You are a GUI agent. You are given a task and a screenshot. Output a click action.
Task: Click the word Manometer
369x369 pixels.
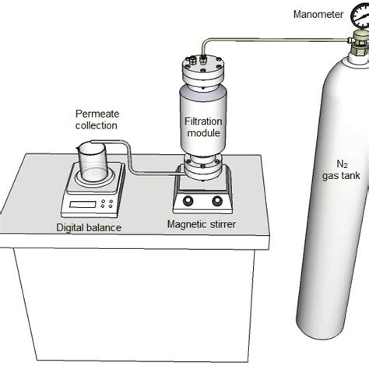coord(318,13)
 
